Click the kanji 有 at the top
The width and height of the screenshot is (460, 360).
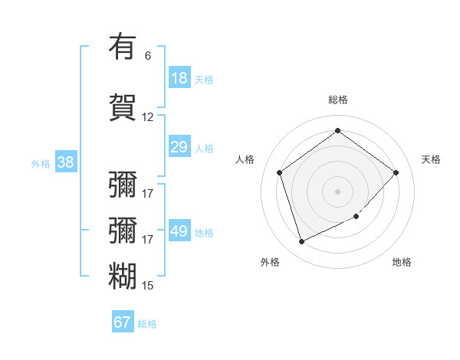click(123, 47)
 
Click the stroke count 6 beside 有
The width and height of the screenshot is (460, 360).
click(148, 55)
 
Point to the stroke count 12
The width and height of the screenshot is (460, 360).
click(148, 117)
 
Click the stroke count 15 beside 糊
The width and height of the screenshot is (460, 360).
click(148, 286)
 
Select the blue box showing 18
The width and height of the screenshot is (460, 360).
click(179, 78)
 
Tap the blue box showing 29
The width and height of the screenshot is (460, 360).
click(179, 147)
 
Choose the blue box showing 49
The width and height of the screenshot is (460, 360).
click(179, 231)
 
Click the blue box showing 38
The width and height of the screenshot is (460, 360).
click(65, 162)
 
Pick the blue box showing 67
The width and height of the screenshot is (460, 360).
click(123, 322)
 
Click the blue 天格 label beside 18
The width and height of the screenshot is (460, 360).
click(204, 79)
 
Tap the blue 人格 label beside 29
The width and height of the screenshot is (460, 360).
click(204, 148)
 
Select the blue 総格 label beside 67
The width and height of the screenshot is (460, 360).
click(147, 324)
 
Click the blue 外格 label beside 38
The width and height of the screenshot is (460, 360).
click(41, 163)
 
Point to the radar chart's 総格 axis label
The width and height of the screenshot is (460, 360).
click(337, 100)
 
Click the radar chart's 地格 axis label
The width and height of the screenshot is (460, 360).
click(402, 262)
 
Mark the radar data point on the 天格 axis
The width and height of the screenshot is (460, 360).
click(396, 172)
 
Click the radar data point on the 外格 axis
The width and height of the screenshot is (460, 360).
click(301, 242)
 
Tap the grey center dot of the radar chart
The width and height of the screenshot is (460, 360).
click(337, 191)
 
